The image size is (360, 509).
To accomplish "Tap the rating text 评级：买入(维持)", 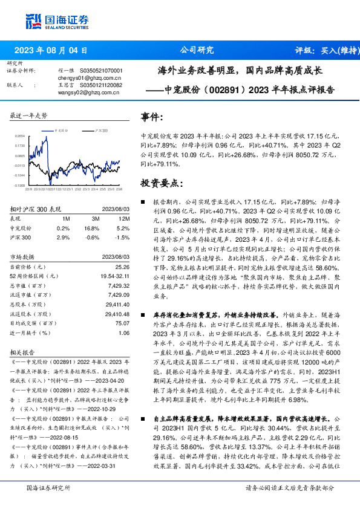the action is pyautogui.click(x=324, y=51).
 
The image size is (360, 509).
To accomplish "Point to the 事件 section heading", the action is pyautogui.click(x=151, y=117).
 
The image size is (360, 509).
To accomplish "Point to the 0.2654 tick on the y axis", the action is pyautogui.click(x=20, y=137).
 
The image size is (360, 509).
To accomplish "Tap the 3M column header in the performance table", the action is pyautogui.click(x=96, y=218).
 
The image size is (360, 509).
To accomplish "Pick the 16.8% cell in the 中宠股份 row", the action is pyautogui.click(x=92, y=229).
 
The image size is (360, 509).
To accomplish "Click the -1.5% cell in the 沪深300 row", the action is pyautogui.click(x=123, y=238).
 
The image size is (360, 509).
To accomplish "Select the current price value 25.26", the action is pyautogui.click(x=123, y=267).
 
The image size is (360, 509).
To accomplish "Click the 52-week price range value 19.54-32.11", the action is pyautogui.click(x=115, y=276).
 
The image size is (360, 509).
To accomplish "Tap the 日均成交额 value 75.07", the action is pyautogui.click(x=123, y=323).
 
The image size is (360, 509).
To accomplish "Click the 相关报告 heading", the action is pyautogui.click(x=23, y=351).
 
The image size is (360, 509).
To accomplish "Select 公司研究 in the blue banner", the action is pyautogui.click(x=197, y=51).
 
